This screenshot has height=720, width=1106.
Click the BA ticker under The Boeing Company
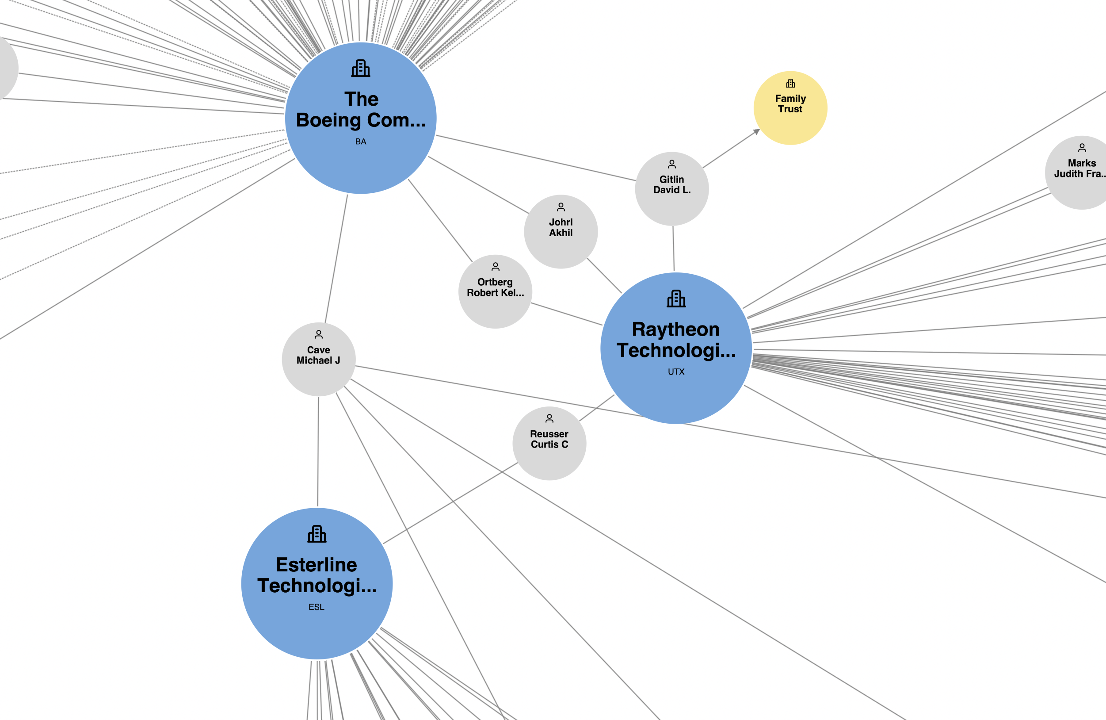click(x=361, y=142)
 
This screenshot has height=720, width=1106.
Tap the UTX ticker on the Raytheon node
click(x=676, y=372)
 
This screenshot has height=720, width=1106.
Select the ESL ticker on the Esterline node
click(x=317, y=607)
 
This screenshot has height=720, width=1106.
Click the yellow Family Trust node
click(x=790, y=108)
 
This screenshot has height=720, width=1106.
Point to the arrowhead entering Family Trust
click(x=756, y=132)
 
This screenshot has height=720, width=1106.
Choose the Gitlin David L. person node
click(x=671, y=189)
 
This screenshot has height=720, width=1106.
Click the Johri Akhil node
click(x=561, y=231)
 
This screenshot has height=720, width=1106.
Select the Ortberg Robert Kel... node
click(x=495, y=291)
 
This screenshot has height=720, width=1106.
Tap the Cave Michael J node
click(x=318, y=359)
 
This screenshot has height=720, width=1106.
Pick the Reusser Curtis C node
click(x=549, y=444)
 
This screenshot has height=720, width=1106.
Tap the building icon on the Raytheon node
click(x=676, y=299)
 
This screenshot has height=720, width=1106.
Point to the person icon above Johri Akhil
click(x=561, y=207)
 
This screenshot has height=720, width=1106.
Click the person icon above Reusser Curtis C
click(x=549, y=418)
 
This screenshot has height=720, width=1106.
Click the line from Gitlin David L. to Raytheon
click(x=673, y=249)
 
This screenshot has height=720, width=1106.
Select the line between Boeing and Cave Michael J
click(x=336, y=258)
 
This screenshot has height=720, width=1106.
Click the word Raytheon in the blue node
click(x=676, y=329)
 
